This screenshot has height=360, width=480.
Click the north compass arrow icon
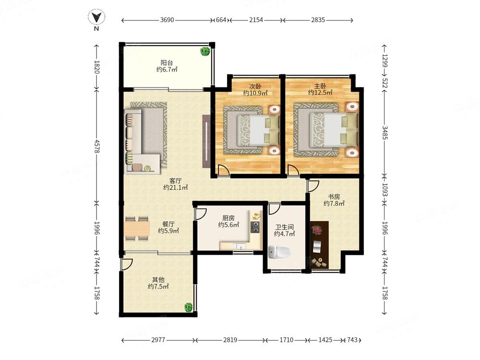96,17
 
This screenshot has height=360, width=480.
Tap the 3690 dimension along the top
167,20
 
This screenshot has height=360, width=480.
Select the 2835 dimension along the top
318,20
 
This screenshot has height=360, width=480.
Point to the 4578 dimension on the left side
97,146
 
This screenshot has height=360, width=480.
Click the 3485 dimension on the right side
385,132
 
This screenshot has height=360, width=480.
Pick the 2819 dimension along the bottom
230,340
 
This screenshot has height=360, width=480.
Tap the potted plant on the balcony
205,51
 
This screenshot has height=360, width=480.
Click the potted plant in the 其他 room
188,307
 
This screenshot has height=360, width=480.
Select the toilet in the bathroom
278,252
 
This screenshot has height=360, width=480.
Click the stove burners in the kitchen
255,227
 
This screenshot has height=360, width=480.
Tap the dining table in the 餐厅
137,228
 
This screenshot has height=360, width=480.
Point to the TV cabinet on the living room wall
206,141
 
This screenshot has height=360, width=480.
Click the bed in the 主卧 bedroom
334,130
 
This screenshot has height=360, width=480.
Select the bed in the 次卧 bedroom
258,130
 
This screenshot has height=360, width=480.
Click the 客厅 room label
175,180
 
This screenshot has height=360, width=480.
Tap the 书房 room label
334,196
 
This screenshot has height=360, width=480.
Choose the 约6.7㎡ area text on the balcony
167,70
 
